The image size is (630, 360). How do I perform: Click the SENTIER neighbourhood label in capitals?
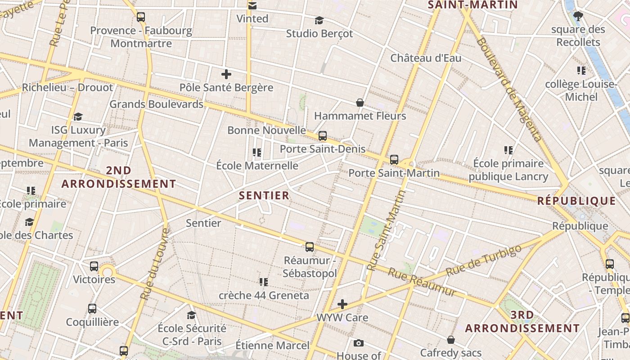[264, 195]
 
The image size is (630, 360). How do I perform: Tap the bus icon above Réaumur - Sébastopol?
[310, 247]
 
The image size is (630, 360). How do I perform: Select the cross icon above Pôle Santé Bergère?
[226, 74]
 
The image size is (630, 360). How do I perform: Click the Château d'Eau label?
[426, 58]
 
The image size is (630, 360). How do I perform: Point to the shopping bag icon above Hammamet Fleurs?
[360, 103]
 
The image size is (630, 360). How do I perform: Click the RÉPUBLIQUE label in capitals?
[576, 201]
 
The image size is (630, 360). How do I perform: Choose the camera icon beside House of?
[358, 343]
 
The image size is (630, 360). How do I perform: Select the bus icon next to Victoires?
[94, 266]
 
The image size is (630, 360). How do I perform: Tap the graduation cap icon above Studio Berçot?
[319, 20]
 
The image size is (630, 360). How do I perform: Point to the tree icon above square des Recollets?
[578, 17]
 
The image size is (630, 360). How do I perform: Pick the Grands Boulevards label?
[157, 104]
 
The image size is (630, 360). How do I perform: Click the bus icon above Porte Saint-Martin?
[394, 159]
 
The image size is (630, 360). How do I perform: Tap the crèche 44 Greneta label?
[264, 296]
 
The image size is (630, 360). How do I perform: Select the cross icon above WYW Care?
[342, 304]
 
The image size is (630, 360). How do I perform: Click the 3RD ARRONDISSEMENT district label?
[522, 321]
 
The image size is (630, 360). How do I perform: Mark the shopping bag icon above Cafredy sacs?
[451, 339]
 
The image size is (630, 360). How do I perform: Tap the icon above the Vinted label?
[252, 5]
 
